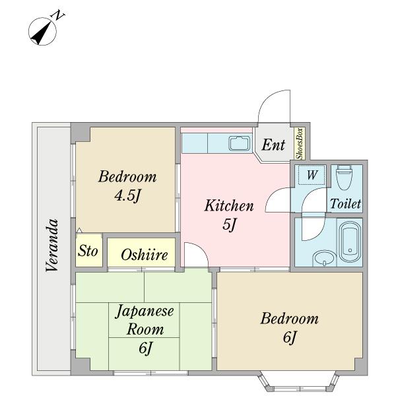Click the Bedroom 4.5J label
(127, 186)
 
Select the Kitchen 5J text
(228, 215)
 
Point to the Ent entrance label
(273, 145)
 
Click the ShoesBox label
(299, 144)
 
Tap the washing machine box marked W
(312, 176)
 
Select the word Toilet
(345, 204)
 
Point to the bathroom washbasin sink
(322, 258)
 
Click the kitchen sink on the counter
(238, 143)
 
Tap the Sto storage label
(88, 251)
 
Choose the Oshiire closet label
(144, 255)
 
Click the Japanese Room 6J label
(145, 329)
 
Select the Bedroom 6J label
(289, 328)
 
